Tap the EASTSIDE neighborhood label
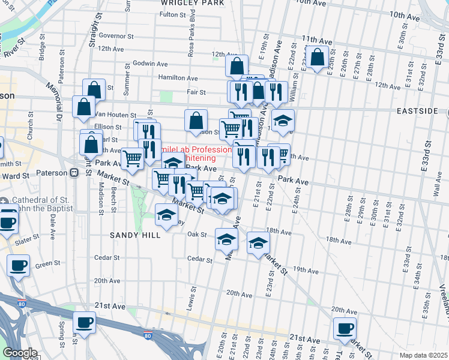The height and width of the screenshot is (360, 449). (x=419, y=112)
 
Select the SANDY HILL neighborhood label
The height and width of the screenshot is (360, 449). (x=135, y=235)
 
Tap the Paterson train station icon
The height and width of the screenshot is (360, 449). (x=74, y=173)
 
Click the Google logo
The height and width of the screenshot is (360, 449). (x=20, y=353)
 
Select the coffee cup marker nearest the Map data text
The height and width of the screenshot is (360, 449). (x=345, y=328)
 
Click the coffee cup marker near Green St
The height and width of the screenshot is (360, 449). (x=18, y=265)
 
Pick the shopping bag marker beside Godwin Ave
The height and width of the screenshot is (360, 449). (x=237, y=66)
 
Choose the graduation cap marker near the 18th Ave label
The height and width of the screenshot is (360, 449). (x=258, y=243)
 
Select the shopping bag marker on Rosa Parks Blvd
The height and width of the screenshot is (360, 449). (x=196, y=120)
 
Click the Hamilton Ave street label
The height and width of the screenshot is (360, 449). (x=178, y=78)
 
